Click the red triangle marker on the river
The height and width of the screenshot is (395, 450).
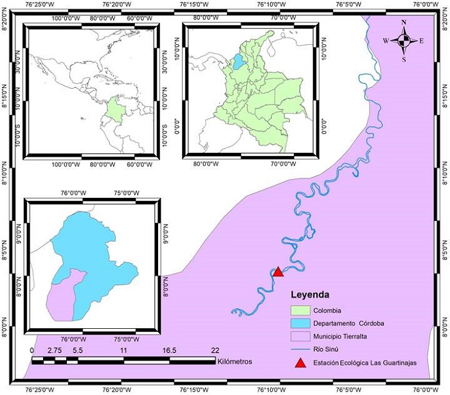278,272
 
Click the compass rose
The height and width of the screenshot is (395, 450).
404,41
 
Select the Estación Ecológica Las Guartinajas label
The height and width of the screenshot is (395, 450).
364,363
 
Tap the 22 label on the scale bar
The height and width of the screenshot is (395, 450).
215,350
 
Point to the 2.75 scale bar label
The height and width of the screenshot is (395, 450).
55,350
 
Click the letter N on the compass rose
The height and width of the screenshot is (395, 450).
404,22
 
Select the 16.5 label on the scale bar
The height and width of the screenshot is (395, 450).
168,350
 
